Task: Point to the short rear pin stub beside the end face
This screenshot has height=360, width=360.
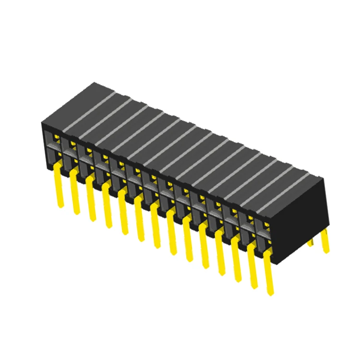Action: coord(311,241)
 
